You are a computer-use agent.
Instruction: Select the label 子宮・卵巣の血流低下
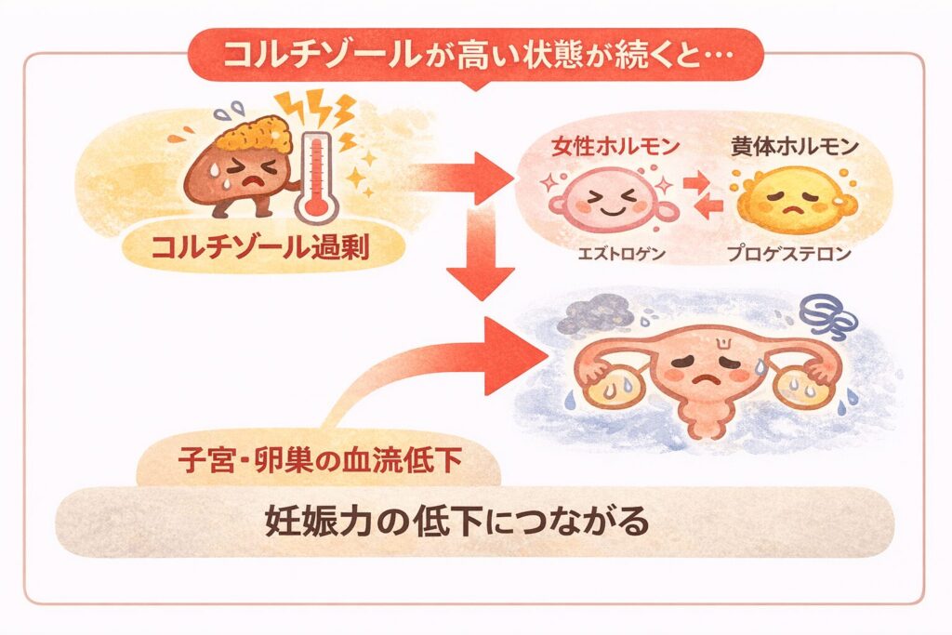[318, 459]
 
